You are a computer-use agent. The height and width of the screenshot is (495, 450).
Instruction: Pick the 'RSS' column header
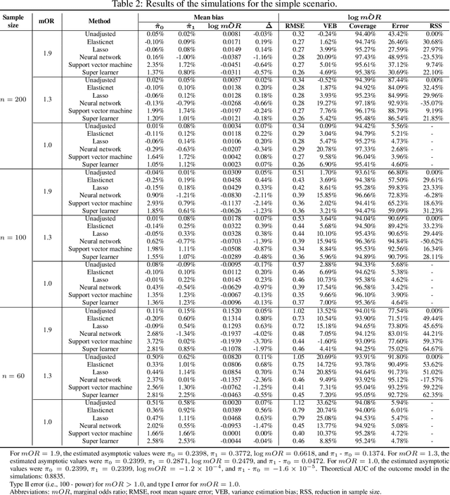pyautogui.click(x=433, y=26)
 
